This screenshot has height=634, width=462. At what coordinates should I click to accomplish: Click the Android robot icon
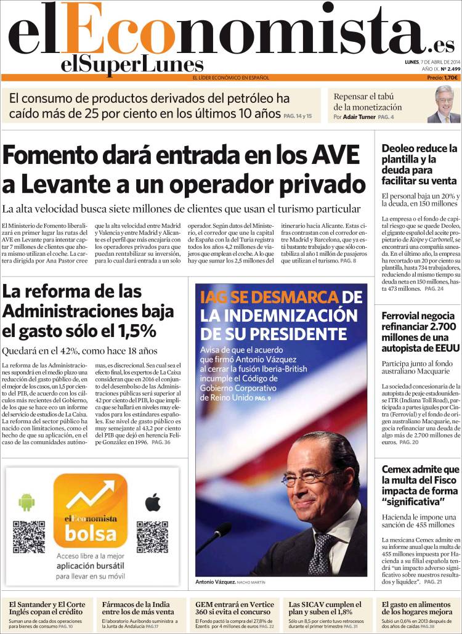(x=26, y=502)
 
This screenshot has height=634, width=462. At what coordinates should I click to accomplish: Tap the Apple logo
(x=152, y=502)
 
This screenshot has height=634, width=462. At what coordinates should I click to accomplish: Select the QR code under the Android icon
(x=28, y=537)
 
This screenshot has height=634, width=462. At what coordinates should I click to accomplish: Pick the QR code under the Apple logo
(x=152, y=537)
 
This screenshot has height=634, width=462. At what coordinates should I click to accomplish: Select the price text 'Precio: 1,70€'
(x=442, y=78)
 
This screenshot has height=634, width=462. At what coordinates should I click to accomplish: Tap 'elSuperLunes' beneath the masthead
(x=132, y=65)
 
